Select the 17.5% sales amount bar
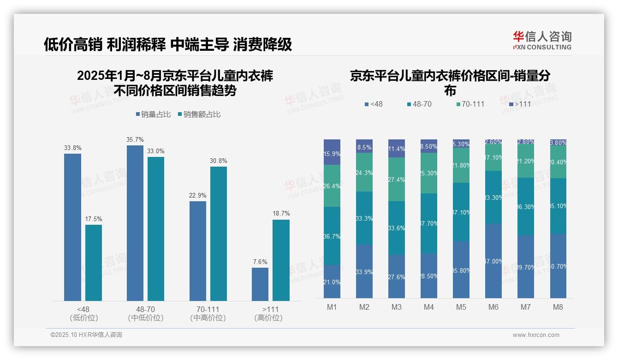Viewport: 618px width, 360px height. [x=94, y=263]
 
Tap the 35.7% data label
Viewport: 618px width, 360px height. [x=135, y=139]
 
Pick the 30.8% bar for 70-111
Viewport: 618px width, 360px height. [x=219, y=234]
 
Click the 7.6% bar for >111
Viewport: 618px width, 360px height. [x=260, y=284]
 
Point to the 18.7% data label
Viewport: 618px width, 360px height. [x=281, y=214]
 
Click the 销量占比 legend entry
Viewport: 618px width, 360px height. [x=154, y=114]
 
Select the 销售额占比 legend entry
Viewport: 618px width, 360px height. [x=199, y=114]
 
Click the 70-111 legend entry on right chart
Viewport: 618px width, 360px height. [x=470, y=104]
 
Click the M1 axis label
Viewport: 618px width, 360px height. [x=332, y=307]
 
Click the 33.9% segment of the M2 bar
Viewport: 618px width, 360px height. [x=364, y=271]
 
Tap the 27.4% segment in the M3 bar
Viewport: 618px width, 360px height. [x=397, y=180]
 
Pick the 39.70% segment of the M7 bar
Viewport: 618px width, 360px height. [x=526, y=267]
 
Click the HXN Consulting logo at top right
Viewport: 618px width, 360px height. [x=542, y=41]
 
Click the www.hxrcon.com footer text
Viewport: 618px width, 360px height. [x=536, y=335]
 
